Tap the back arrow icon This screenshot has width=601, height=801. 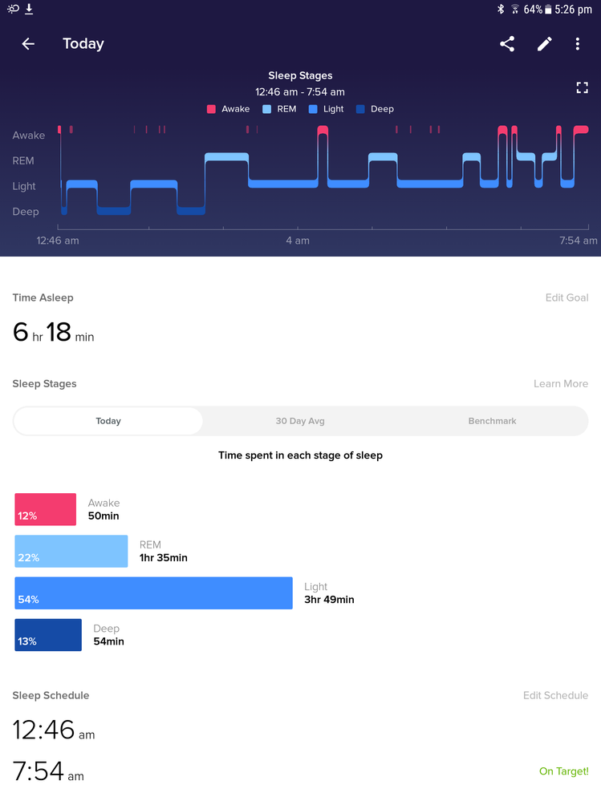tap(28, 44)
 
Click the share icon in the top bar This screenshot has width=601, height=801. tap(507, 44)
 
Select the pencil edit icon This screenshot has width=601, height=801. tap(545, 44)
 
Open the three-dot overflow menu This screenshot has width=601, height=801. tap(578, 44)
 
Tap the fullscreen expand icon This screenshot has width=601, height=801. tap(583, 87)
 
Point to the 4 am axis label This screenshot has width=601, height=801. tap(298, 241)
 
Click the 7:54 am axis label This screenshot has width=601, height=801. tap(578, 241)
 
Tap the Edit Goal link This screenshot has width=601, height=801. tap(566, 297)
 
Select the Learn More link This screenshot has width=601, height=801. tap(560, 384)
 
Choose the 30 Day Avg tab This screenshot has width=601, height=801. tap(300, 421)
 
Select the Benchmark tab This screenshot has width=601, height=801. tap(492, 421)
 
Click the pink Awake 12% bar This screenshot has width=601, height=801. tap(46, 510)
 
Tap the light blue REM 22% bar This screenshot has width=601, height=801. tap(71, 552)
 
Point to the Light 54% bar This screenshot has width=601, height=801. tap(153, 593)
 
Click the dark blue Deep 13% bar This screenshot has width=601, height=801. tap(48, 635)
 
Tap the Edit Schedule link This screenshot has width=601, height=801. tap(555, 695)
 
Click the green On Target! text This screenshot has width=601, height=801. tap(563, 771)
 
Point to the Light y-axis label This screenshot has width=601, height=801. tap(24, 186)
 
